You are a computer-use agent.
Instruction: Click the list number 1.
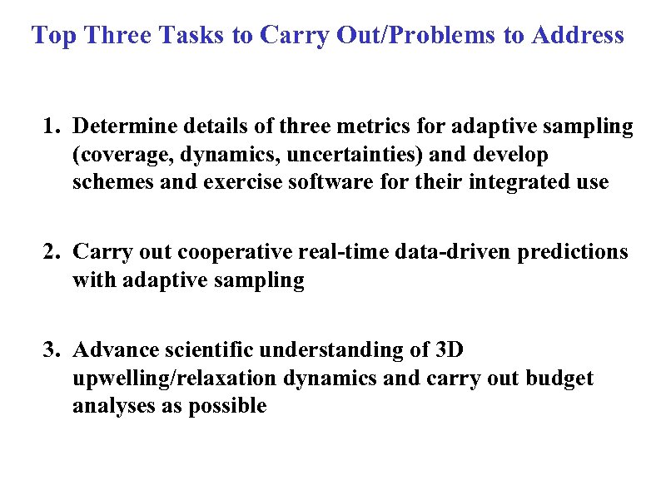click(x=51, y=126)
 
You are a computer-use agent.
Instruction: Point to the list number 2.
click(x=52, y=251)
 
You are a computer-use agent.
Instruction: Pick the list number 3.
click(x=52, y=349)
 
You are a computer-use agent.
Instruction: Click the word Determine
click(x=122, y=126)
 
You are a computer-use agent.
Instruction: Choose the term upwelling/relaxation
click(x=175, y=378)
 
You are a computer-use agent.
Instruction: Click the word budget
click(x=559, y=378)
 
